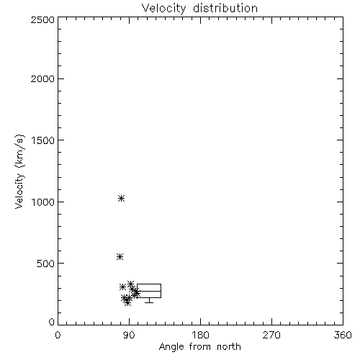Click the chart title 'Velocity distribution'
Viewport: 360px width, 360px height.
coord(199,8)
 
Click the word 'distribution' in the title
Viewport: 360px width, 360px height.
coord(225,8)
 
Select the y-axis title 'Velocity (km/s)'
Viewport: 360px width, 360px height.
coord(19,171)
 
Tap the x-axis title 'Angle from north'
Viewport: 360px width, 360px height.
coord(199,347)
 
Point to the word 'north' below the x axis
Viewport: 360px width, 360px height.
coord(229,347)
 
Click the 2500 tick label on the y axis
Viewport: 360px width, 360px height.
coord(42,19)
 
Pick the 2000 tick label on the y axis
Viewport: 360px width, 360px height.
coord(42,78)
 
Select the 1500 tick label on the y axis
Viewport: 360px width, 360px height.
coord(42,140)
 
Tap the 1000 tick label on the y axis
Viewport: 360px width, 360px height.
coord(42,202)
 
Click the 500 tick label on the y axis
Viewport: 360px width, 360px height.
coord(46,264)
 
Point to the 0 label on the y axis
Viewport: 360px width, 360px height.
coord(52,322)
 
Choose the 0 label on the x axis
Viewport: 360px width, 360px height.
coord(58,335)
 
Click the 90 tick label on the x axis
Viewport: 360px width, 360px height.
coord(129,335)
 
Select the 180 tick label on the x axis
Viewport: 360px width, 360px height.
coord(200,335)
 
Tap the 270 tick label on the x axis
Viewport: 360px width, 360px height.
coord(271,335)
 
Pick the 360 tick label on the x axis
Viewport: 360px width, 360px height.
coord(343,335)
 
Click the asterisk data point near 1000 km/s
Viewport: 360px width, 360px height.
coord(121,198)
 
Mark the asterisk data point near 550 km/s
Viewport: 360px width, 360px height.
coord(120,257)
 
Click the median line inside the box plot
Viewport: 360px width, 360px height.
coord(149,291)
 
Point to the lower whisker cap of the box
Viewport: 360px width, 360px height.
coord(149,302)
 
